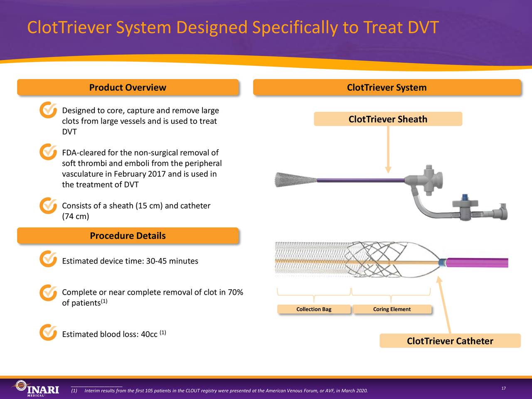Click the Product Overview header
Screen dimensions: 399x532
click(x=128, y=88)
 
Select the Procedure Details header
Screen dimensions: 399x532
click(x=128, y=236)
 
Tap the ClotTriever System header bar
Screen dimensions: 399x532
click(x=387, y=88)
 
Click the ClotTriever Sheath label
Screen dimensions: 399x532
click(x=388, y=119)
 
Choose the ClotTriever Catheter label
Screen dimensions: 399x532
click(x=450, y=341)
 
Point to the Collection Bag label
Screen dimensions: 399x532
click(x=314, y=309)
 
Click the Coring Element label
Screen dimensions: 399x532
click(x=392, y=309)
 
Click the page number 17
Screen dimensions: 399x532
click(x=503, y=388)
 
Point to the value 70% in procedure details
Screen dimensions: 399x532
click(x=235, y=292)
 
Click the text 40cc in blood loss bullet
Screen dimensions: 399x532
click(x=149, y=335)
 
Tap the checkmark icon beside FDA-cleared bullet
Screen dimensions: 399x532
click(x=48, y=152)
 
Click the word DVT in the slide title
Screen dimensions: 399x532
click(x=422, y=28)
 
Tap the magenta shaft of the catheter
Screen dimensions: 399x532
click(x=478, y=263)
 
